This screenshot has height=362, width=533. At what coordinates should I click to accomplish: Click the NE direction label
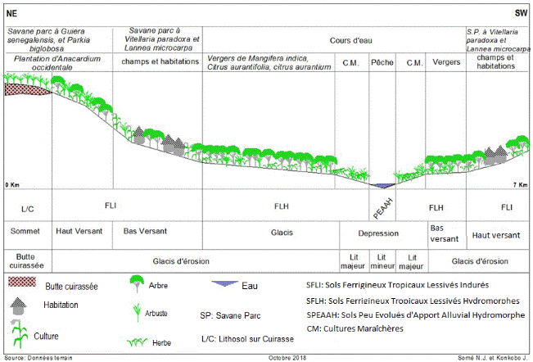click(x=12, y=14)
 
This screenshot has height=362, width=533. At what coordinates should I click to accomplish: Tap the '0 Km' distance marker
click(x=12, y=182)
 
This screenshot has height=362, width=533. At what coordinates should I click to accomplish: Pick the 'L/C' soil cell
click(x=26, y=207)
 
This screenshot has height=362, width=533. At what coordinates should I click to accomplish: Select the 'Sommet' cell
click(x=25, y=233)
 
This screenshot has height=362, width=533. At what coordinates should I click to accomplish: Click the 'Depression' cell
click(x=382, y=233)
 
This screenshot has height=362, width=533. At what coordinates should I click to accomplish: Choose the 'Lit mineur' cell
click(x=382, y=261)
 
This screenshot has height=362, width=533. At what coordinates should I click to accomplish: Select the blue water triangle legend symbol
click(x=216, y=285)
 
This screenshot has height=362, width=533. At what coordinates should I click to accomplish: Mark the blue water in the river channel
click(x=382, y=186)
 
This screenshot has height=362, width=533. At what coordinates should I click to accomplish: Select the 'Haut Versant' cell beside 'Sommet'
click(x=81, y=233)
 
